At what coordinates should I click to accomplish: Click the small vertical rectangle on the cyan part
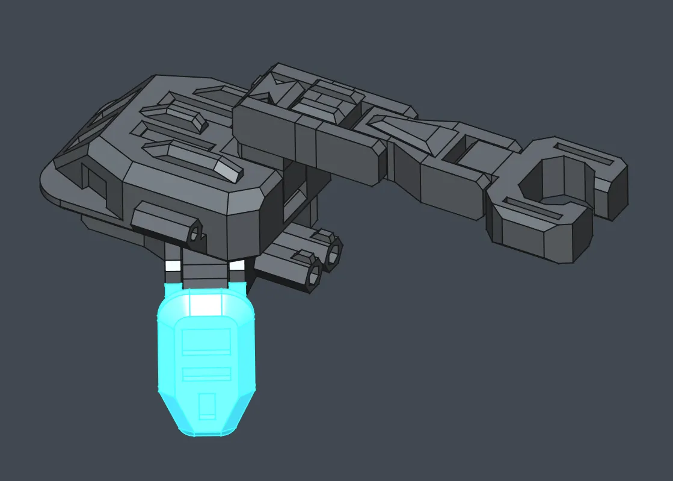pyautogui.click(x=206, y=405)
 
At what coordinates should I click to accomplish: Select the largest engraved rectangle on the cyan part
pyautogui.click(x=206, y=341)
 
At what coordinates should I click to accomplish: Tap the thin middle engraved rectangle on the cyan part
pyautogui.click(x=206, y=374)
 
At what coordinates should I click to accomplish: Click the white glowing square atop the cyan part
pyautogui.click(x=206, y=303)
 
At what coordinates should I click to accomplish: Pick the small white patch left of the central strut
pyautogui.click(x=173, y=266)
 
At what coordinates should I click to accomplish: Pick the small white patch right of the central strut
pyautogui.click(x=237, y=265)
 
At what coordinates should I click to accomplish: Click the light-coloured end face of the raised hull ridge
pyautogui.click(x=232, y=173)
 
